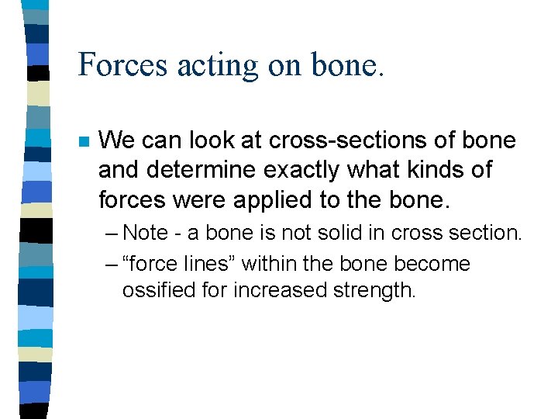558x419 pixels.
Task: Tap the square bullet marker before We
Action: pos(83,142)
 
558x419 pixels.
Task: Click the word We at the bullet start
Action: pos(115,140)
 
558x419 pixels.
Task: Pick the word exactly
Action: pos(303,170)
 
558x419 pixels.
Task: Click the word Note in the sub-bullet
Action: pos(143,233)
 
